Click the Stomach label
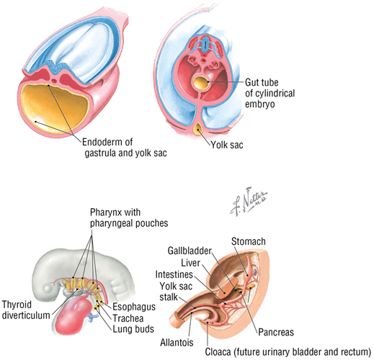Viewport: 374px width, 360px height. click(x=249, y=241)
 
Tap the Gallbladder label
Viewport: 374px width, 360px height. click(x=190, y=251)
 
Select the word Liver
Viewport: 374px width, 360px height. click(x=190, y=263)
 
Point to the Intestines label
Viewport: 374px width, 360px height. click(x=174, y=274)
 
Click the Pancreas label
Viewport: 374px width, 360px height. click(x=276, y=332)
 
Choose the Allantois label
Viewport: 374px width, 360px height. click(x=177, y=342)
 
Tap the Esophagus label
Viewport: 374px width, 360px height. click(x=134, y=307)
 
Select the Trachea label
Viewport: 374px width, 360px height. click(x=128, y=318)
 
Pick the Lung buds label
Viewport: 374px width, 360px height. click(x=133, y=329)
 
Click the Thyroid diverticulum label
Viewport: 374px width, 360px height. click(x=26, y=310)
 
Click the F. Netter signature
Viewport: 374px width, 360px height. click(x=249, y=203)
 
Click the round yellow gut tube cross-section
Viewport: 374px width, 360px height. click(x=201, y=83)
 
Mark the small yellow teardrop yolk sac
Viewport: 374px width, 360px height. click(x=198, y=129)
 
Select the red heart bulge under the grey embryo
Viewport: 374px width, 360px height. click(x=74, y=315)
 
